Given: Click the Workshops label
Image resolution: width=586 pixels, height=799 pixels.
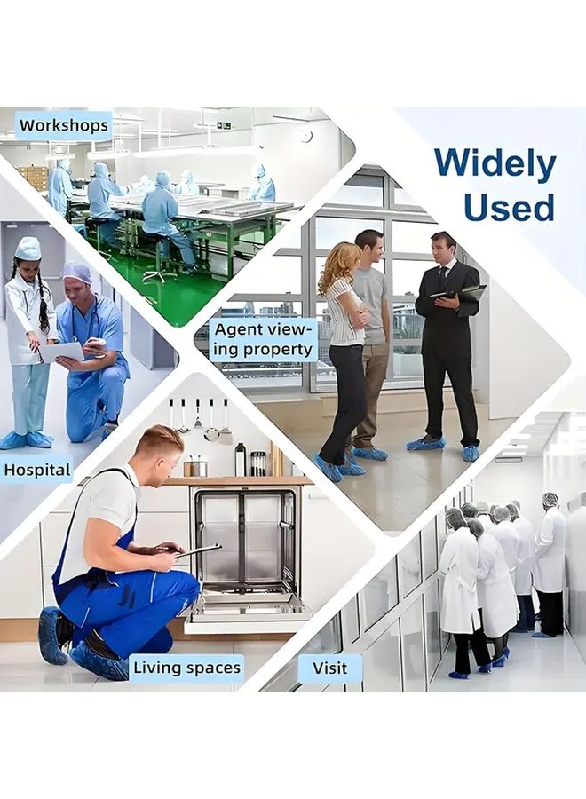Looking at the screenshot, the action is coord(64,125).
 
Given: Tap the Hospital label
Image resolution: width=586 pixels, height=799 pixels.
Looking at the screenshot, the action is coord(36,470).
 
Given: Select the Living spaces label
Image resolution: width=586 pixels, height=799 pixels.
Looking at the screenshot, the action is coord(186,668).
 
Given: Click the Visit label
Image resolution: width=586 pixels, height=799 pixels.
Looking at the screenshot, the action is coord(329,668).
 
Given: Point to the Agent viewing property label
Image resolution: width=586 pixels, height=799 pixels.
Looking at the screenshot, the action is coord(263,339).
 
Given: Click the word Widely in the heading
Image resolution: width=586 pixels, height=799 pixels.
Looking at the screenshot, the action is coord(495,164).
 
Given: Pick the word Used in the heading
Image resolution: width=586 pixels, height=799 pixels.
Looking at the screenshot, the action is coord(509,207).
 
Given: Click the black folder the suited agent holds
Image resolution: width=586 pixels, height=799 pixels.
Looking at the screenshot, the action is coord(459,296).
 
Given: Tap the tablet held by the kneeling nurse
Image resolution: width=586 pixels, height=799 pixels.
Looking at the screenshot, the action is coord(61,352).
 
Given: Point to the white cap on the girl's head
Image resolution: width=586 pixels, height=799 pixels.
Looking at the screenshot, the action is coord(28,249).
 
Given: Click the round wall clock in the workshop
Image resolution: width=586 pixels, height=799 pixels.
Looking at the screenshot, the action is coord(305,135).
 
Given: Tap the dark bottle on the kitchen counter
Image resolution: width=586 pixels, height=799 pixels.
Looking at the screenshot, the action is coord(240,459).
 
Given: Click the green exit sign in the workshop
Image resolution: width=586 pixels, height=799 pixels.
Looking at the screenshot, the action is coord(225,125).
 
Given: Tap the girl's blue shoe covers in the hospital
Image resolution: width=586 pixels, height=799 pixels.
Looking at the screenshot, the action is coord(27,439).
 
